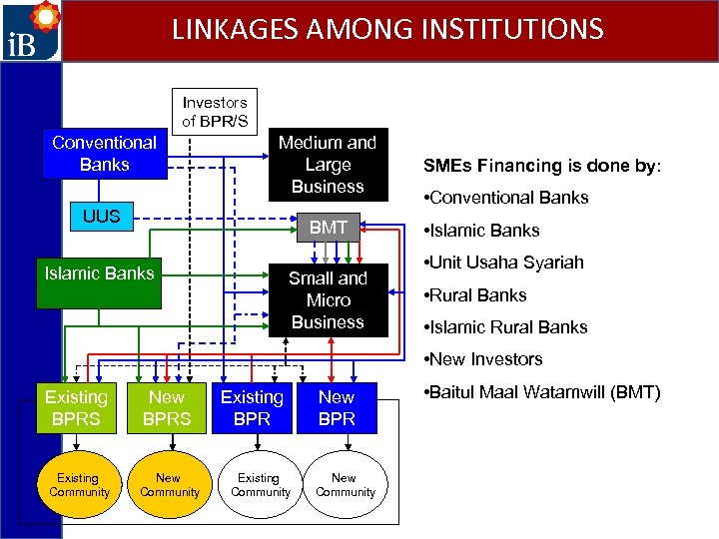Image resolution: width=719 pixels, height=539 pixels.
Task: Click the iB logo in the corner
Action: [31, 31]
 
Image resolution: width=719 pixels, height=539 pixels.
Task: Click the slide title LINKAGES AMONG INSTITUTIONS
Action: [387, 28]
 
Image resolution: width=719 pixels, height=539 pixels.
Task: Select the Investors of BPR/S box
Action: [214, 111]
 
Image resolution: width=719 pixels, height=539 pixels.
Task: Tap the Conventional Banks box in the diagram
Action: [104, 153]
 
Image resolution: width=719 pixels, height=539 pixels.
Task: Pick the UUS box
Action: [101, 216]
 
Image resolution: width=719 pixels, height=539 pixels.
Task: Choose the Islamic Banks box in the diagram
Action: [100, 272]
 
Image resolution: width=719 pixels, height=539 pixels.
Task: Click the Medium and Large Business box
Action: [328, 164]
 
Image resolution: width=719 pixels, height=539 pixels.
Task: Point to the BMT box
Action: [328, 228]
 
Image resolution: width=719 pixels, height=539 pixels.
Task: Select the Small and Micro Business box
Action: [328, 299]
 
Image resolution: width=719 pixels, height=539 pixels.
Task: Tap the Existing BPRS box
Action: [76, 407]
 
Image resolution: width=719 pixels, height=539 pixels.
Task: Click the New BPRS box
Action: [167, 407]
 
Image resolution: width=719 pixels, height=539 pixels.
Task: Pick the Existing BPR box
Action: [252, 407]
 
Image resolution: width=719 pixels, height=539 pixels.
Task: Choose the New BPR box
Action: [337, 407]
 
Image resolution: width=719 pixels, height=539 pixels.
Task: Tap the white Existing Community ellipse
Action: [260, 485]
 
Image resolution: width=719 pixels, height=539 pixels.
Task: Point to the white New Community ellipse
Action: [345, 485]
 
